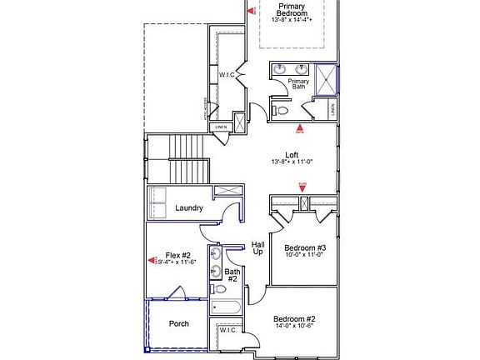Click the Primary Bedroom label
292,10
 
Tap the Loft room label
291,154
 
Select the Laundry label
189,207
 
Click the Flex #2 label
178,255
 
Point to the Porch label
178,323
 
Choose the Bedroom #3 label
304,247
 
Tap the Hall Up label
258,247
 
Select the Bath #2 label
232,276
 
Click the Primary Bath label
298,84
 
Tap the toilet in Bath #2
216,289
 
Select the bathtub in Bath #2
225,307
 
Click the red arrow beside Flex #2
152,260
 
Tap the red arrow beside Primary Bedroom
254,11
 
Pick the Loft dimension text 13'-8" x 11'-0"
291,162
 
